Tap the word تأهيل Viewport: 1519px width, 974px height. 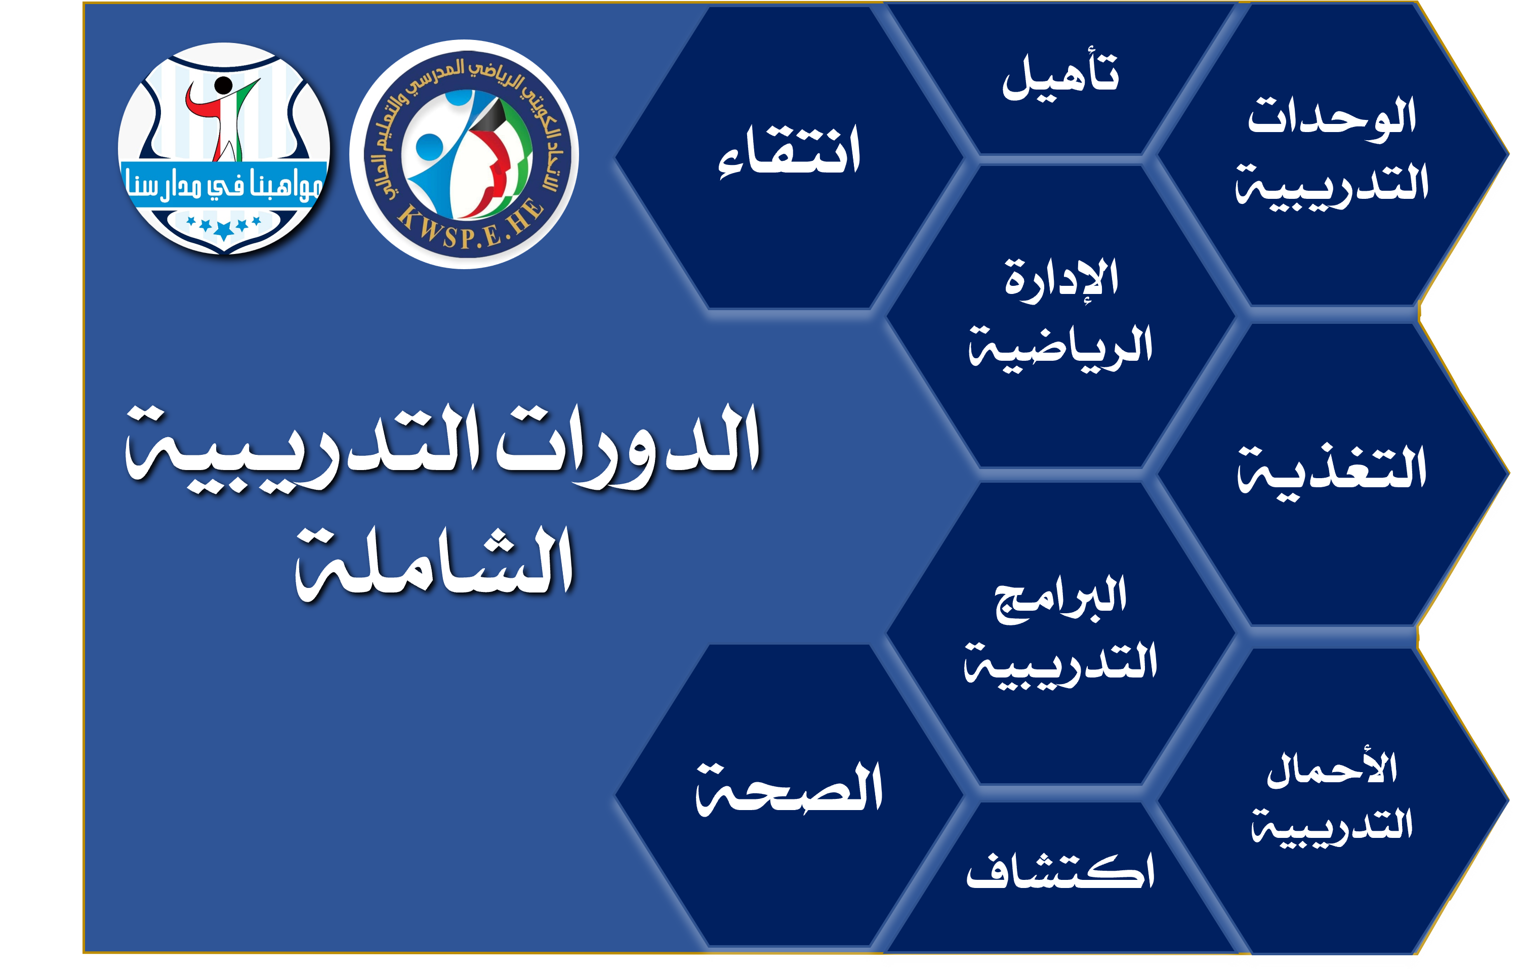(x=1060, y=75)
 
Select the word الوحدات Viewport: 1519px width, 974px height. (x=1331, y=117)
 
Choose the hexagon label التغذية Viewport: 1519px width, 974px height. (x=1332, y=472)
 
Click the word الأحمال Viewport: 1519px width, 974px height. (x=1332, y=769)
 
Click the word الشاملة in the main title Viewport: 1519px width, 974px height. (x=435, y=563)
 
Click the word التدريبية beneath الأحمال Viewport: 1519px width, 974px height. (x=1332, y=825)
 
